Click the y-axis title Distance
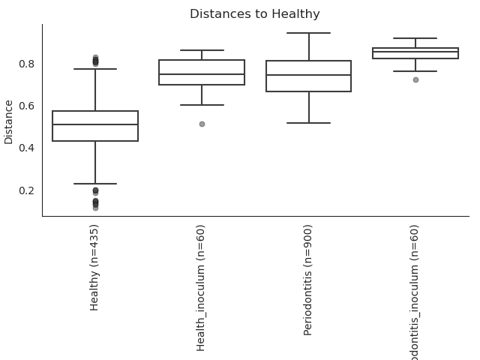9,121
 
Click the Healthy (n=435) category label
94,267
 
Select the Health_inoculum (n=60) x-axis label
201,287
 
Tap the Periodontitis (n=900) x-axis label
307,279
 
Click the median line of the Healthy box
95,124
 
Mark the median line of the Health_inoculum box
202,74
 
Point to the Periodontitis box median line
308,75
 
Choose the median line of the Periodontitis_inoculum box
415,52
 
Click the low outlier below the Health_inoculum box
202,124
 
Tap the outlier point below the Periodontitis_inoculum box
415,79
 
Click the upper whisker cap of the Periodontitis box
308,33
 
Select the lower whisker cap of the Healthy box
95,184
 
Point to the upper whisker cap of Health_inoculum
202,50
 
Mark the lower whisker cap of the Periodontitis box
308,122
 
